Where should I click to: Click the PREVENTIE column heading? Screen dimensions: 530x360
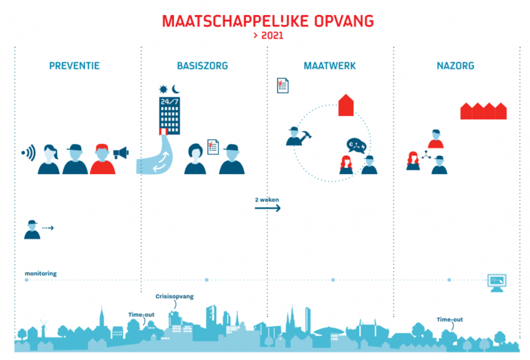pyautogui.click(x=74, y=66)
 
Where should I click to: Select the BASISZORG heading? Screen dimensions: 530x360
pyautogui.click(x=203, y=66)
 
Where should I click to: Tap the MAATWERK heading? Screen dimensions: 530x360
pyautogui.click(x=330, y=66)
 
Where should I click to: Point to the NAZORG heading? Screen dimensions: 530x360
pyautogui.click(x=455, y=66)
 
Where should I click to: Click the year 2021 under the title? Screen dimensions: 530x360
pyautogui.click(x=272, y=36)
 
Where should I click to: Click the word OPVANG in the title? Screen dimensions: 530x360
pyautogui.click(x=344, y=21)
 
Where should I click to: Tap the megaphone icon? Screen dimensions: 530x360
pyautogui.click(x=121, y=153)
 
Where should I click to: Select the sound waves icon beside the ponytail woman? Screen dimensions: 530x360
pyautogui.click(x=29, y=153)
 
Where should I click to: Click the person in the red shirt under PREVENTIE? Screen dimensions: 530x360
pyautogui.click(x=102, y=159)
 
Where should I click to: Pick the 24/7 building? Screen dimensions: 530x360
pyautogui.click(x=170, y=116)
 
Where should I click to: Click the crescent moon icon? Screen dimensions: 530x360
pyautogui.click(x=176, y=89)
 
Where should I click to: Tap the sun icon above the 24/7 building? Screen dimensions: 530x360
pyautogui.click(x=163, y=89)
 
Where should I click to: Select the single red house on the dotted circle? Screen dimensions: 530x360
pyautogui.click(x=346, y=105)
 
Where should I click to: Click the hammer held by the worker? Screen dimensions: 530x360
pyautogui.click(x=307, y=135)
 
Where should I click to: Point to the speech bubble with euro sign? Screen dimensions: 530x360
pyautogui.click(x=356, y=145)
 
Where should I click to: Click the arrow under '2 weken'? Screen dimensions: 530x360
pyautogui.click(x=267, y=208)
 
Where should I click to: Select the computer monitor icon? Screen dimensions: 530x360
pyautogui.click(x=497, y=283)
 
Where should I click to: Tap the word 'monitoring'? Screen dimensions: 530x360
pyautogui.click(x=41, y=273)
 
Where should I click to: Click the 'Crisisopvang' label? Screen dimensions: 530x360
pyautogui.click(x=175, y=296)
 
